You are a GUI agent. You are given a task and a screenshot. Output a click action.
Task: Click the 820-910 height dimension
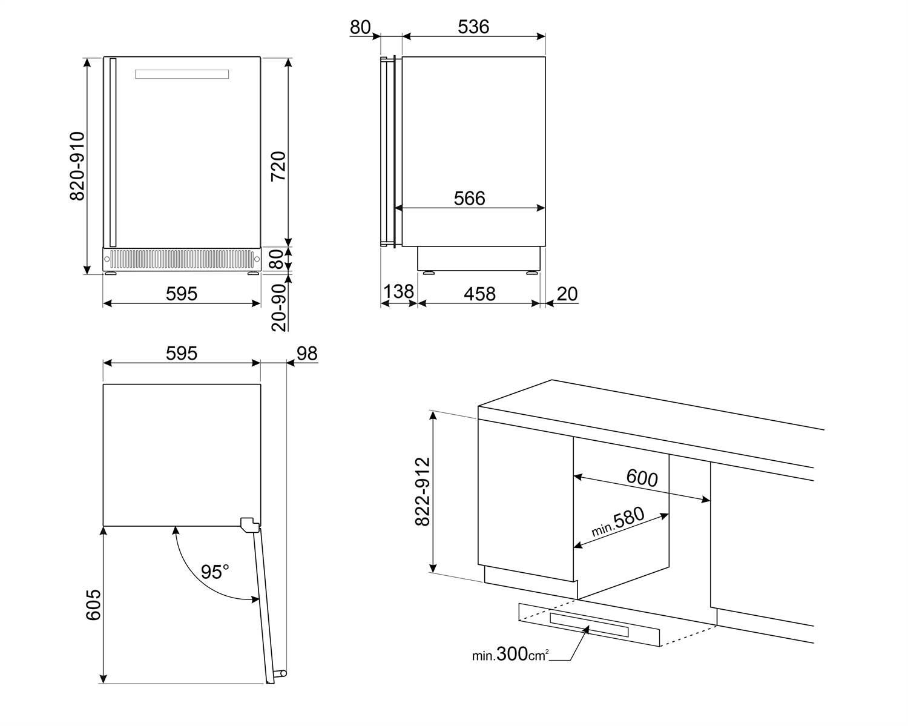click(x=77, y=166)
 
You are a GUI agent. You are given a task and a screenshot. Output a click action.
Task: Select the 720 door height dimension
click(x=278, y=166)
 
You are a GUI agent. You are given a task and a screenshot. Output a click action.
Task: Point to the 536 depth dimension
click(x=473, y=27)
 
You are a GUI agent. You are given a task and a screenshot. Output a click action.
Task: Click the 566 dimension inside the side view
click(x=470, y=198)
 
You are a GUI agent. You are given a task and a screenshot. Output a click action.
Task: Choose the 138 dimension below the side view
click(x=398, y=292)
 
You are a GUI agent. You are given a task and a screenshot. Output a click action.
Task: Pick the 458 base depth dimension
click(x=479, y=294)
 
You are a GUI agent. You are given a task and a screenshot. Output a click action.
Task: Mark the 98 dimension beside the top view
click(x=307, y=354)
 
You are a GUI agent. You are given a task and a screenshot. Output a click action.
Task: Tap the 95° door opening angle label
click(x=215, y=572)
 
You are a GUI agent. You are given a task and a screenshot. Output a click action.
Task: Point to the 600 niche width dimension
click(x=642, y=478)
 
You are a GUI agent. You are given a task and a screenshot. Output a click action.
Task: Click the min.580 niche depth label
click(x=617, y=522)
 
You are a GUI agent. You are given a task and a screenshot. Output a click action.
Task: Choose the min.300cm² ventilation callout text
click(x=510, y=655)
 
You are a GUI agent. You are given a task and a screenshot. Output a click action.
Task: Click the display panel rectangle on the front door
click(x=182, y=74)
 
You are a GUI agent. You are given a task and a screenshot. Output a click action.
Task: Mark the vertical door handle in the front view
click(x=113, y=152)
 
